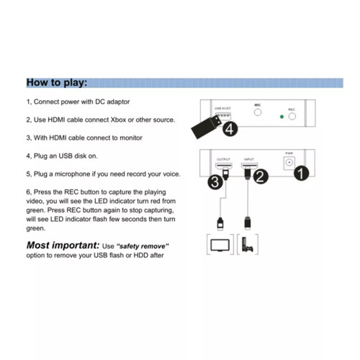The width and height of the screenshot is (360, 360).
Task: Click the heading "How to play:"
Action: pyautogui.click(x=57, y=83)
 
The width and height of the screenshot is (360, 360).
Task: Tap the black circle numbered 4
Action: pyautogui.click(x=230, y=129)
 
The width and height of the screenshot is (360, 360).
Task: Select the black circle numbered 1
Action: pyautogui.click(x=301, y=174)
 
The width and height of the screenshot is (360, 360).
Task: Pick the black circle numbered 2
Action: pyautogui.click(x=261, y=176)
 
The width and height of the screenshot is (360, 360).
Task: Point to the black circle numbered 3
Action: pyautogui.click(x=215, y=182)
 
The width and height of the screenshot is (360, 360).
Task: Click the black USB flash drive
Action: pyautogui.click(x=207, y=127)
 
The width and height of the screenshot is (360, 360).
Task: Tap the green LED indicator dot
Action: pyautogui.click(x=282, y=117)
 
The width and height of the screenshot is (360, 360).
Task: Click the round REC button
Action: pyautogui.click(x=292, y=117)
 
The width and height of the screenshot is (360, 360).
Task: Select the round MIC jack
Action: pyautogui.click(x=258, y=112)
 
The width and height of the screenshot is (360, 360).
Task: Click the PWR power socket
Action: pyautogui.click(x=289, y=163)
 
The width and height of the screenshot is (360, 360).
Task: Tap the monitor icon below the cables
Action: pyautogui.click(x=220, y=246)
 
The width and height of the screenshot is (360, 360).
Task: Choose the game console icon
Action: pyautogui.click(x=247, y=244)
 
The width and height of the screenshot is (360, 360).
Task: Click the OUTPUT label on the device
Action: pyautogui.click(x=223, y=159)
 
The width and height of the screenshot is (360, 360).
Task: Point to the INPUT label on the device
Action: pyautogui.click(x=249, y=159)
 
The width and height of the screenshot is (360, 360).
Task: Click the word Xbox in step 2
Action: pyautogui.click(x=118, y=120)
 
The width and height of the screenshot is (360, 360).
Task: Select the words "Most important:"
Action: pyautogui.click(x=63, y=246)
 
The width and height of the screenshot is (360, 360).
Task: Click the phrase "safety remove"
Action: pyautogui.click(x=143, y=246)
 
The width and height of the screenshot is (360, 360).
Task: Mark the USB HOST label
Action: pyautogui.click(x=222, y=109)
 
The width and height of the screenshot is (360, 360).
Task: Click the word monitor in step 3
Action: pyautogui.click(x=131, y=138)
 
